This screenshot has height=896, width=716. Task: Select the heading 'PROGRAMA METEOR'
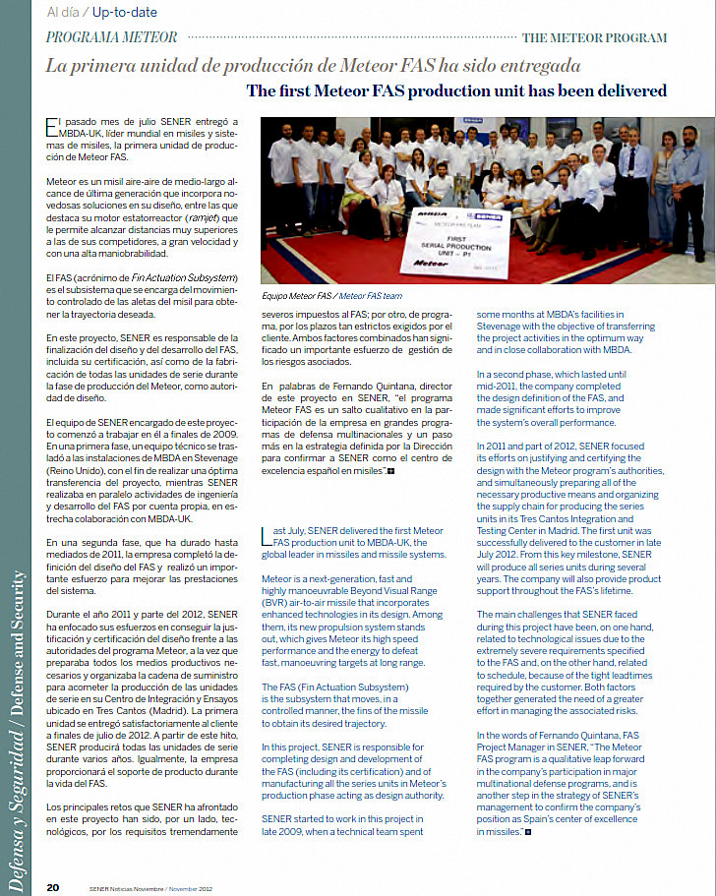(x=113, y=37)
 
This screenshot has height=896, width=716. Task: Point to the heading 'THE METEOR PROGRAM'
(x=594, y=38)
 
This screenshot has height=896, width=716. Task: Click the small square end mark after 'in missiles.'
(x=527, y=832)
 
